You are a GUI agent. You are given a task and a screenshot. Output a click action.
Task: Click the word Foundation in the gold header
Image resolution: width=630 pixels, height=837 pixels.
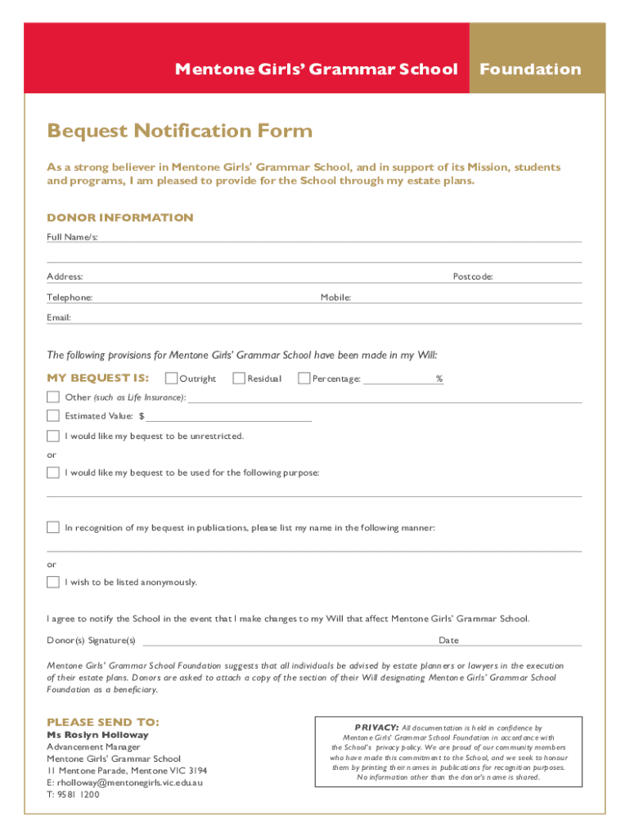click(530, 69)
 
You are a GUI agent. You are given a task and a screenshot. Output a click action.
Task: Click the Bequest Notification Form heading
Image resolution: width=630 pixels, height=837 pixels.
click(180, 131)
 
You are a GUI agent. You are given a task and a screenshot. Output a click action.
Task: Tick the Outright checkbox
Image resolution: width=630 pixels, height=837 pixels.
click(172, 378)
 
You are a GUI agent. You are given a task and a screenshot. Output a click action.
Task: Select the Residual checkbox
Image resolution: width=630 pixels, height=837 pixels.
click(239, 378)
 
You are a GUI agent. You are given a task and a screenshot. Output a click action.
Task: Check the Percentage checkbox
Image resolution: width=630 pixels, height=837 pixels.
click(304, 378)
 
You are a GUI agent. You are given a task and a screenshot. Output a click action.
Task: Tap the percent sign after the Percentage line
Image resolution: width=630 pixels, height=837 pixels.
click(439, 378)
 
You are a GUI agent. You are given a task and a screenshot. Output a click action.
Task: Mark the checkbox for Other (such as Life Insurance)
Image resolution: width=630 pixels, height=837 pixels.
click(53, 397)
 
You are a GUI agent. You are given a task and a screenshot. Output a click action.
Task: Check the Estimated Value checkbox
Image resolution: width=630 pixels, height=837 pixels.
click(53, 416)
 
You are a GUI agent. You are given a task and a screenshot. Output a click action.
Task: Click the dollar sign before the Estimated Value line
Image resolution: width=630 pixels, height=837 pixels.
click(142, 417)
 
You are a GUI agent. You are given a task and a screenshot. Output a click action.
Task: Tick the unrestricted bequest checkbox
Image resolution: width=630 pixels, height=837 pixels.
click(53, 436)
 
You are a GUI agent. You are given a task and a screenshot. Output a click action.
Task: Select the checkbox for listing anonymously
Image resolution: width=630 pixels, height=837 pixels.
click(53, 582)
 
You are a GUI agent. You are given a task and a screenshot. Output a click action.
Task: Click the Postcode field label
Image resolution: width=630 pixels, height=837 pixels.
click(473, 277)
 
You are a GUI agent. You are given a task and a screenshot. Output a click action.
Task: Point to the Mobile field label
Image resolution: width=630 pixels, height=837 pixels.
click(335, 298)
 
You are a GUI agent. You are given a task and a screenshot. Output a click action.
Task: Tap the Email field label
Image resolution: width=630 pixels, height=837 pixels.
click(59, 317)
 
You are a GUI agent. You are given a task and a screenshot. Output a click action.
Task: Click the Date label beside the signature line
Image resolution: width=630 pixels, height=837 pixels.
click(448, 640)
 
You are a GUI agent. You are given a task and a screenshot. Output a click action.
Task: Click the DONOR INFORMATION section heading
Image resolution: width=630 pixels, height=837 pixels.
click(120, 217)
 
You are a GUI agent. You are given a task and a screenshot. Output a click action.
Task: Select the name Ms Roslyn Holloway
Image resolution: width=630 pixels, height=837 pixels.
click(97, 735)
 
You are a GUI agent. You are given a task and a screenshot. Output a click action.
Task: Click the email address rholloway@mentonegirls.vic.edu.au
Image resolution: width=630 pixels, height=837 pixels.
click(124, 782)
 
